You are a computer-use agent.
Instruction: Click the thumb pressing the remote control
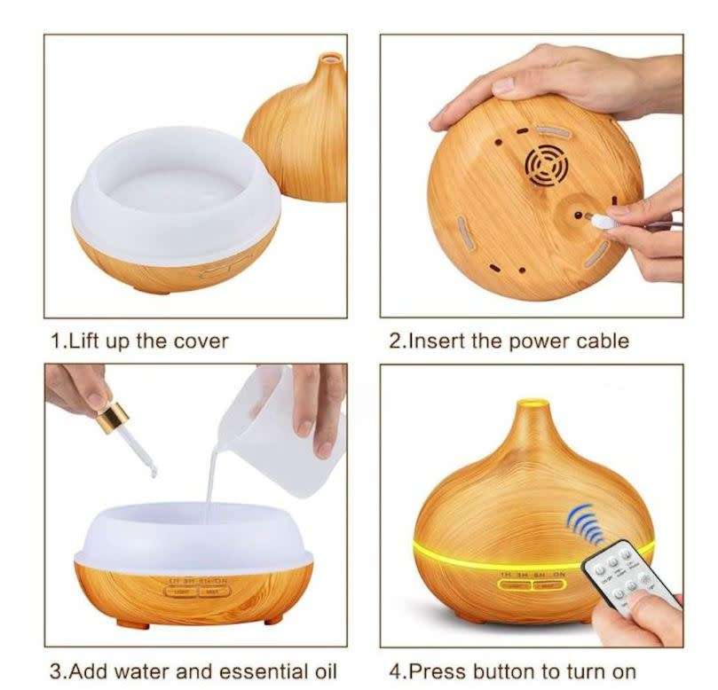coord(652,608)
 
